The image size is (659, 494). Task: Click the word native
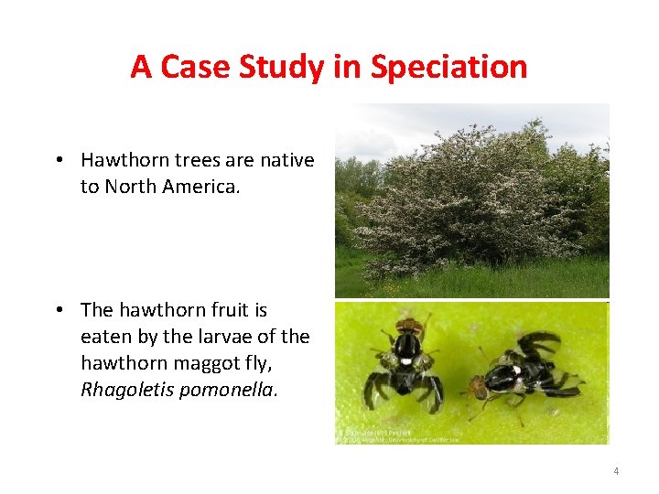(286, 160)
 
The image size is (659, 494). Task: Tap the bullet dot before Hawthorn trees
(58, 161)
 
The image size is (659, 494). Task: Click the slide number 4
(616, 471)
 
